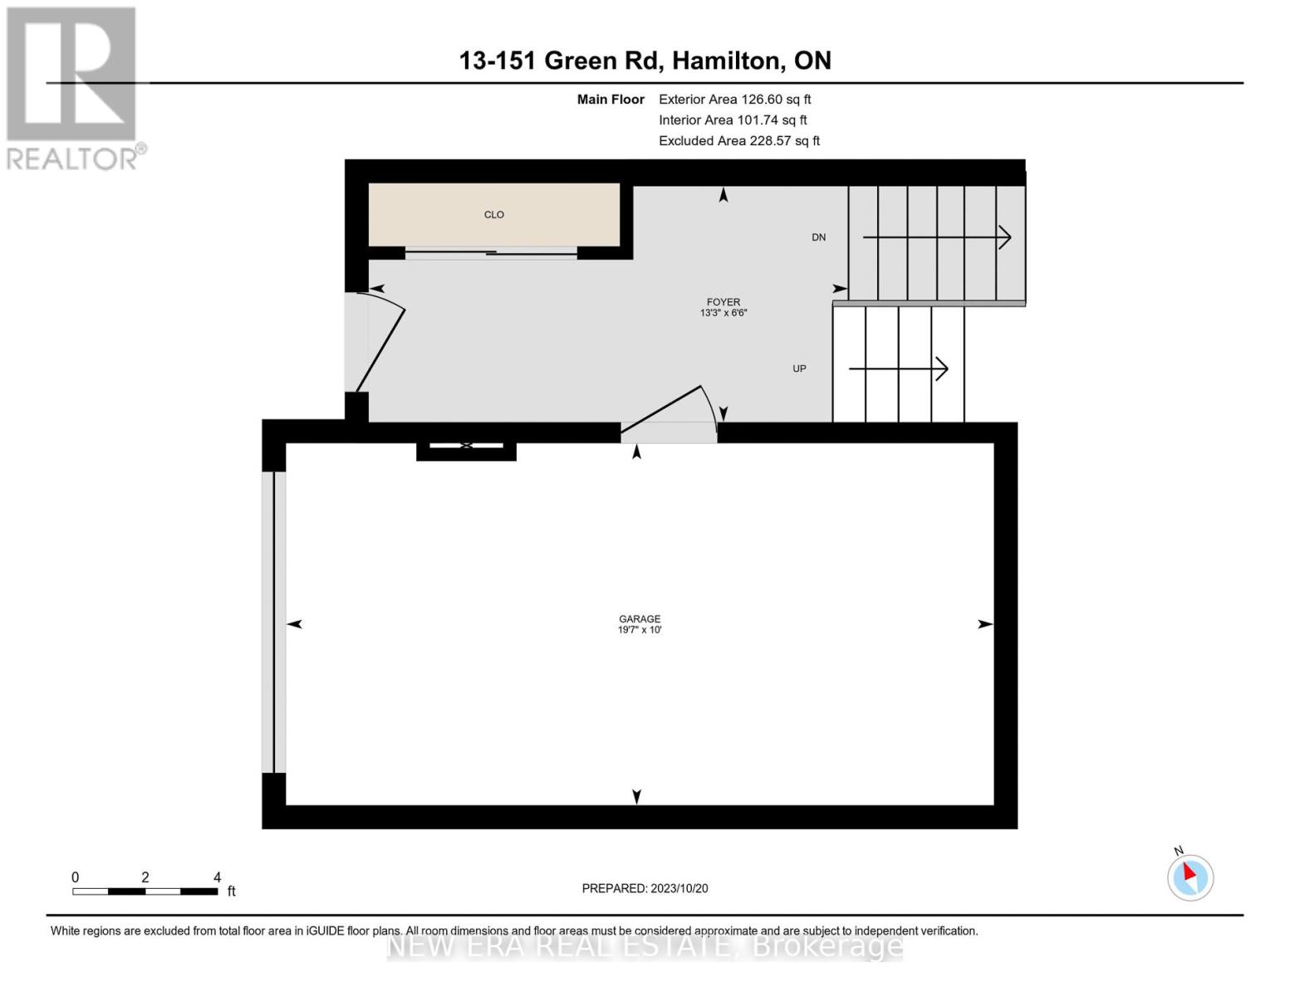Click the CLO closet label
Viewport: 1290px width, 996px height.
[493, 215]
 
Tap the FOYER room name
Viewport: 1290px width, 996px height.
[723, 302]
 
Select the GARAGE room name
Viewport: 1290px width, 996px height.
[639, 619]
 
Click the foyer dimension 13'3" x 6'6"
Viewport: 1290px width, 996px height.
[723, 314]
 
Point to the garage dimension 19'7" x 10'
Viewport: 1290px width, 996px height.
[639, 630]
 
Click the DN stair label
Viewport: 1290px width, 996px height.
[818, 237]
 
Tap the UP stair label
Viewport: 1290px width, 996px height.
[798, 369]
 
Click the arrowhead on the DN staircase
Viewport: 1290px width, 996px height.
[1005, 237]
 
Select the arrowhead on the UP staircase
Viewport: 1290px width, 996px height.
[942, 369]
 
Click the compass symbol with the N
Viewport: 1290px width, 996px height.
[1189, 876]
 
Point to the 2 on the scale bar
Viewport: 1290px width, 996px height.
[145, 877]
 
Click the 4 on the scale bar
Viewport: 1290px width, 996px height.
[217, 877]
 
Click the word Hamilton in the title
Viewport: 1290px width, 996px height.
[727, 61]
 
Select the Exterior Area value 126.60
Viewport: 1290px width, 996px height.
[761, 100]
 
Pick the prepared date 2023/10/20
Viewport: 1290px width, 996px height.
[679, 888]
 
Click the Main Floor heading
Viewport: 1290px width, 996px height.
[611, 100]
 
